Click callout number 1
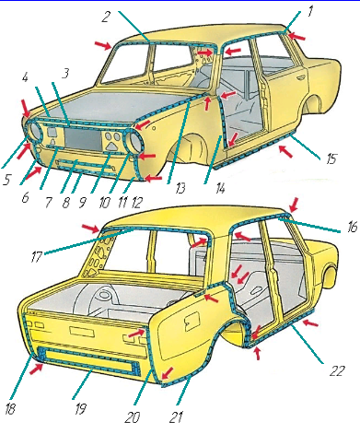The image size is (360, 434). click(310, 12)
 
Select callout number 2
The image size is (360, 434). click(105, 17)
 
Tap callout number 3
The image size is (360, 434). click(64, 73)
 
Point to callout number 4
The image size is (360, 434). click(25, 77)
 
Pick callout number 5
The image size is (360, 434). click(6, 180)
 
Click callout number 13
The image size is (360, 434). click(180, 188)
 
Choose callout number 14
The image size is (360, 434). click(220, 188)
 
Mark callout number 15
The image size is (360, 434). click(331, 159)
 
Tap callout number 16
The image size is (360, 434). click(353, 228)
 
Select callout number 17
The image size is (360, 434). click(36, 257)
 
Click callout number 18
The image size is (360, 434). click(10, 409)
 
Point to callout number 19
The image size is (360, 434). click(80, 409)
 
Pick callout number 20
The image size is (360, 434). click(133, 417)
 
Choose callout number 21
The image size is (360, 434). click(176, 417)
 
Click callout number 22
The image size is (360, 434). click(337, 371)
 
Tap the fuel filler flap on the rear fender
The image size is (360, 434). click(192, 321)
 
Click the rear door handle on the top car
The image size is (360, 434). click(298, 78)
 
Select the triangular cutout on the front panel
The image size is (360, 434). click(113, 147)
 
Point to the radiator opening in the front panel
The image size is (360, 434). click(82, 140)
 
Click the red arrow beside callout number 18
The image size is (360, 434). click(36, 368)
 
